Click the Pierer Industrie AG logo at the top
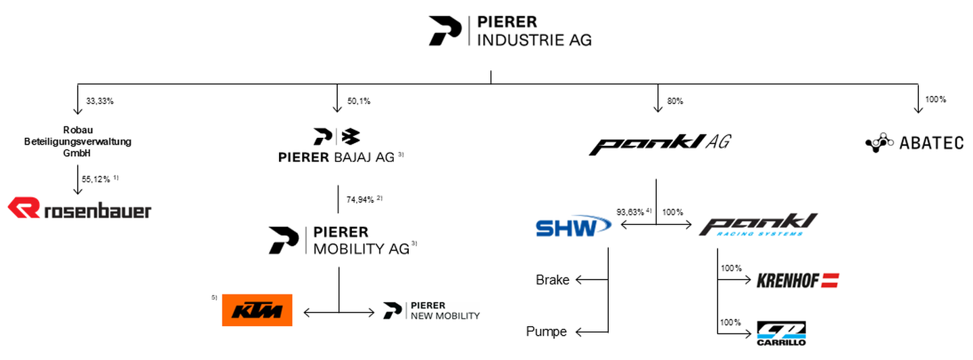click(x=509, y=32)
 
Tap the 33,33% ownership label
click(x=99, y=101)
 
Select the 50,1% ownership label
click(x=358, y=101)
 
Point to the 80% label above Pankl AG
click(x=675, y=101)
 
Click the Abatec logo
click(x=914, y=143)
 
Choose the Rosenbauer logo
click(x=80, y=209)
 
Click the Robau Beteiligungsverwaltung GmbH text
click(x=78, y=141)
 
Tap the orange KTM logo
click(x=257, y=310)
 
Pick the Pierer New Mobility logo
click(x=431, y=311)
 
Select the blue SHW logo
click(x=573, y=227)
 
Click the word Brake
click(x=552, y=280)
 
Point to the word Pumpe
click(x=547, y=332)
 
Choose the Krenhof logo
click(x=797, y=280)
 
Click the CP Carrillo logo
click(x=780, y=333)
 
